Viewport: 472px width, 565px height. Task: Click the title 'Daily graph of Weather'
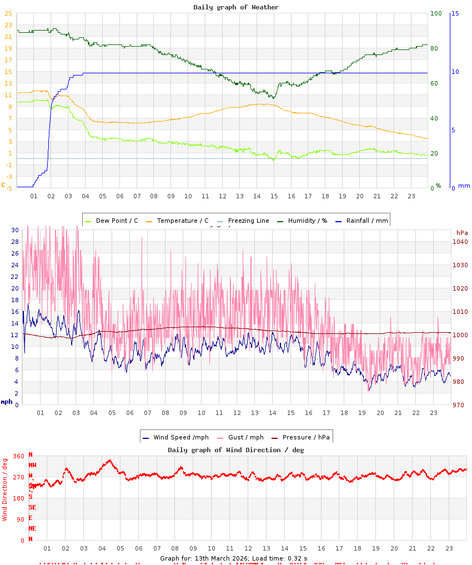click(236, 7)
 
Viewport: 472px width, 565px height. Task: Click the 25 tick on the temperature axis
click(8, 14)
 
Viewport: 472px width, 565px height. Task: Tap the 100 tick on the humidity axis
click(436, 13)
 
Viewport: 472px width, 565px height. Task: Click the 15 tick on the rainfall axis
click(455, 13)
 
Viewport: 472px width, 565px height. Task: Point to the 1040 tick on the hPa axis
click(460, 242)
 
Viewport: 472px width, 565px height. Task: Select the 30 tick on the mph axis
click(15, 230)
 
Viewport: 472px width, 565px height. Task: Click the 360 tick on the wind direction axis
click(18, 456)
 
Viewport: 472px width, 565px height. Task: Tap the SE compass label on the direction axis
click(32, 507)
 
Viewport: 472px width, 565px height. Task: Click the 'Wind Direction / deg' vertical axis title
click(5, 489)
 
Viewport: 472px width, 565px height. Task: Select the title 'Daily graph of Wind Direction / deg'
click(236, 449)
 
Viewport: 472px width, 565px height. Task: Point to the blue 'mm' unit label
click(464, 186)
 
